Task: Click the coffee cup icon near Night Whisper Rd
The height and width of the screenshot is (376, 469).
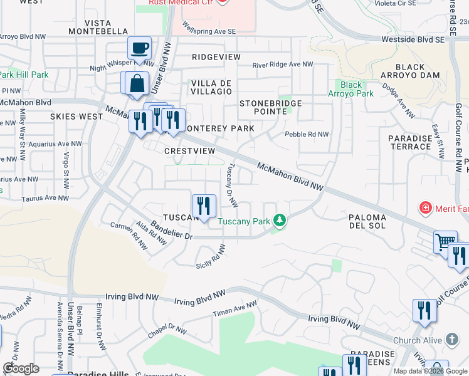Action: click(139, 48)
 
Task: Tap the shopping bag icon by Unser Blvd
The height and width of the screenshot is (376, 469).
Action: click(136, 83)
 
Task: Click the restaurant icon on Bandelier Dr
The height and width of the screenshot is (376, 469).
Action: click(204, 206)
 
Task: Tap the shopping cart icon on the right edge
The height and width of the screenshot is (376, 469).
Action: click(445, 241)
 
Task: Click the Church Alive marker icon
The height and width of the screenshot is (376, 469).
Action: click(452, 340)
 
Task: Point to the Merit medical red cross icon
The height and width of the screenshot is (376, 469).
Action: click(426, 207)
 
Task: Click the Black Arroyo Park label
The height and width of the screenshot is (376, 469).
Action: click(351, 89)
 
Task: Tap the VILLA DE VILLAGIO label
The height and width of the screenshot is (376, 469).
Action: click(211, 87)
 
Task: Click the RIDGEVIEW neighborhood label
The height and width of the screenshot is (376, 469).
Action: click(216, 57)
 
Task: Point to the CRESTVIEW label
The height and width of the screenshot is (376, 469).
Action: click(189, 151)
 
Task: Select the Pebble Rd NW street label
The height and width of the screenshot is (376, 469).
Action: click(307, 134)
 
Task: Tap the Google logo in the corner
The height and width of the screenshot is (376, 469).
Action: click(21, 368)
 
